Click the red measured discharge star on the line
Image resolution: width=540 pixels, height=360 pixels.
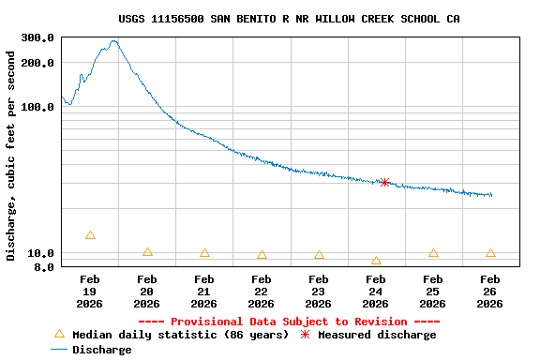pos(384,182)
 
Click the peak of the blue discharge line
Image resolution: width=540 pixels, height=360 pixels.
pos(113,41)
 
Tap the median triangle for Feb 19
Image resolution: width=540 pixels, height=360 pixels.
pos(90,235)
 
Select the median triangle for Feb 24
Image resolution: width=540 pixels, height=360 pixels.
pos(376,261)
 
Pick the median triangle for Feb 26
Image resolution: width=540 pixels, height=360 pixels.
pos(490,253)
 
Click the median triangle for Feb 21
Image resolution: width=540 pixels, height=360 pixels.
pos(204,253)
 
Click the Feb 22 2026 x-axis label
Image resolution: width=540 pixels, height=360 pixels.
pos(262,291)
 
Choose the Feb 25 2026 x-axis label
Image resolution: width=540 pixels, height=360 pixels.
pos(433,291)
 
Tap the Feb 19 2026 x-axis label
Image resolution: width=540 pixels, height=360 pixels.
pos(90,291)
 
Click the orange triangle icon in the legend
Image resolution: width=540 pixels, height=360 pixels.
pos(59,334)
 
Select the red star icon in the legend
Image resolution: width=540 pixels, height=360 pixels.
pos(305,334)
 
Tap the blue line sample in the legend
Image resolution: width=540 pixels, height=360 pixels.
pos(59,349)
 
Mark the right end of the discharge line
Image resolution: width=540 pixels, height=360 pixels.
pos(491,195)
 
